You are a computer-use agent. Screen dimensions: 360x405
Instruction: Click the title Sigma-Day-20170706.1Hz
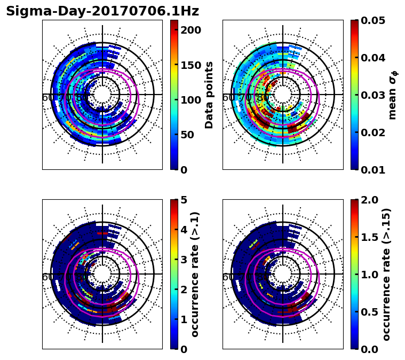pos(102,11)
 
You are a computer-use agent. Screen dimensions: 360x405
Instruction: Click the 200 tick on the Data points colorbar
pos(190,30)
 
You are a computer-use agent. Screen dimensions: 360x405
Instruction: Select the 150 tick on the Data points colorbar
pos(190,65)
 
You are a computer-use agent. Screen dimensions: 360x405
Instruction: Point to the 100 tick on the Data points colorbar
pos(190,100)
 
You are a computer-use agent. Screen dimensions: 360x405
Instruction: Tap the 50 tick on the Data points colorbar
pos(190,135)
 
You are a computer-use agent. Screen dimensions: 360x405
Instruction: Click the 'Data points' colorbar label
pos(209,95)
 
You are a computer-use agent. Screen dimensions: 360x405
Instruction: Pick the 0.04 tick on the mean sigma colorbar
pos(377,58)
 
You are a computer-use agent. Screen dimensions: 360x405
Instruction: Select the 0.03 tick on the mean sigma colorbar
pos(377,95)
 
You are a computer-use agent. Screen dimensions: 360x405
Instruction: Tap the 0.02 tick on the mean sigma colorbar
pos(377,132)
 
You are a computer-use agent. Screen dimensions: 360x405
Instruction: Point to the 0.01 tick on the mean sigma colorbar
pos(377,170)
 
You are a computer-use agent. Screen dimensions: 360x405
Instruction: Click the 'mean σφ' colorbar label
pos(393,95)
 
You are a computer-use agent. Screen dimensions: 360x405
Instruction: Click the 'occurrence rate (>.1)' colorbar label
pos(195,275)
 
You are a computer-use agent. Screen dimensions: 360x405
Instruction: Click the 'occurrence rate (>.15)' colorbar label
pos(386,275)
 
